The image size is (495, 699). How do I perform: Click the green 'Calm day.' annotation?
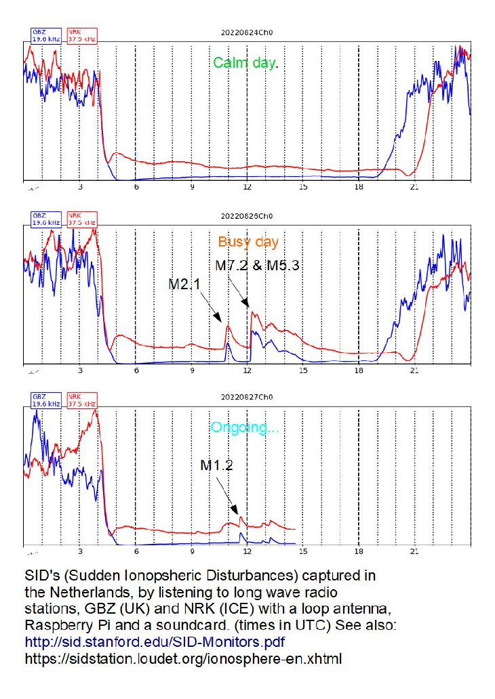[x=245, y=63]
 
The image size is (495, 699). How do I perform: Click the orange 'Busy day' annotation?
[x=248, y=242]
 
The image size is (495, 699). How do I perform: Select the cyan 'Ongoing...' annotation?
[x=245, y=427]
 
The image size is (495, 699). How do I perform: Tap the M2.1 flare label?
[x=184, y=284]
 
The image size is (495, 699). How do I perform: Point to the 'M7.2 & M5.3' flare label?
[x=257, y=266]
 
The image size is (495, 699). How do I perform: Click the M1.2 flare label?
[x=216, y=465]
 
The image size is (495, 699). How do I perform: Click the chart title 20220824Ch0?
[x=247, y=33]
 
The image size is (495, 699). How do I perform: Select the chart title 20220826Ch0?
[x=247, y=216]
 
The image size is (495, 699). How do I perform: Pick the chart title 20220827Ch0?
[x=247, y=397]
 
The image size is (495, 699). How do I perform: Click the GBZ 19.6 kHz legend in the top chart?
[x=46, y=36]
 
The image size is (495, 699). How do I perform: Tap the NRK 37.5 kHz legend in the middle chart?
[x=82, y=219]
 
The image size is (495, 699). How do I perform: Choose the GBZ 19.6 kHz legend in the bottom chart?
[x=46, y=400]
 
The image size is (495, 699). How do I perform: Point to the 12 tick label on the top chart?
[x=248, y=187]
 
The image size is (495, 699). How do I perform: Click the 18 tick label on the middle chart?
[x=359, y=370]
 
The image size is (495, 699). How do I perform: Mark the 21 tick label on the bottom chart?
[x=415, y=551]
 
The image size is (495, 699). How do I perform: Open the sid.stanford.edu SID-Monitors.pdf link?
[x=155, y=642]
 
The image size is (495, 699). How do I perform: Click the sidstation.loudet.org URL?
[x=184, y=659]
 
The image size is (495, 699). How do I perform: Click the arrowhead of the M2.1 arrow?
[x=218, y=317]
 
